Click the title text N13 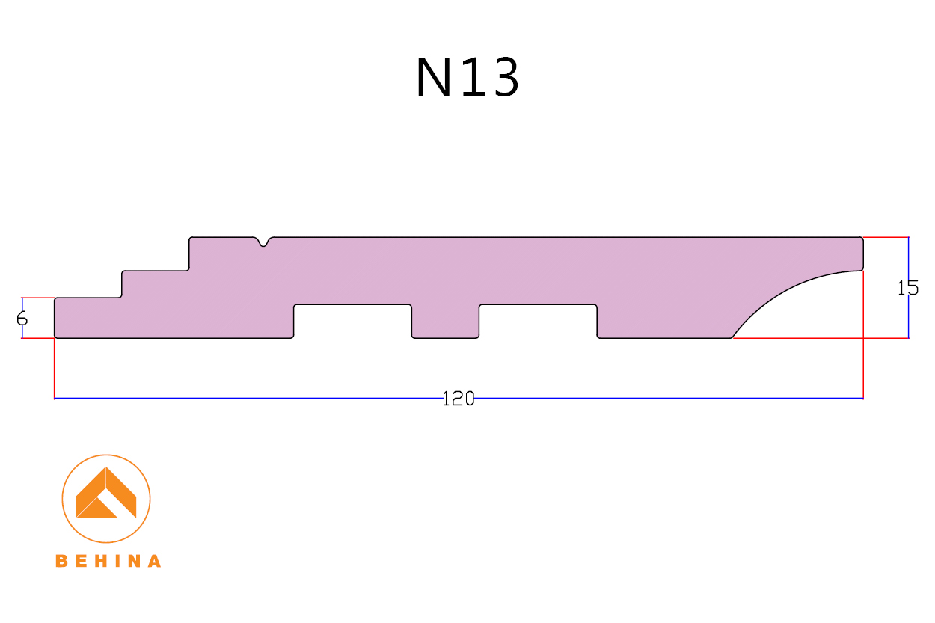click(467, 78)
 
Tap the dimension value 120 click(459, 399)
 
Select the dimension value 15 click(908, 288)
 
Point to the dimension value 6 click(22, 319)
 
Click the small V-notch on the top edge click(264, 242)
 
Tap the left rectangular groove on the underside click(352, 321)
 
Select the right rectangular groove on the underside click(538, 321)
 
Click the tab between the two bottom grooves click(445, 322)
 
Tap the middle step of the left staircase click(155, 284)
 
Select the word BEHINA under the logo click(108, 561)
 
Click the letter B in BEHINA click(61, 561)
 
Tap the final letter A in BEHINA click(154, 561)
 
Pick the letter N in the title click(432, 78)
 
